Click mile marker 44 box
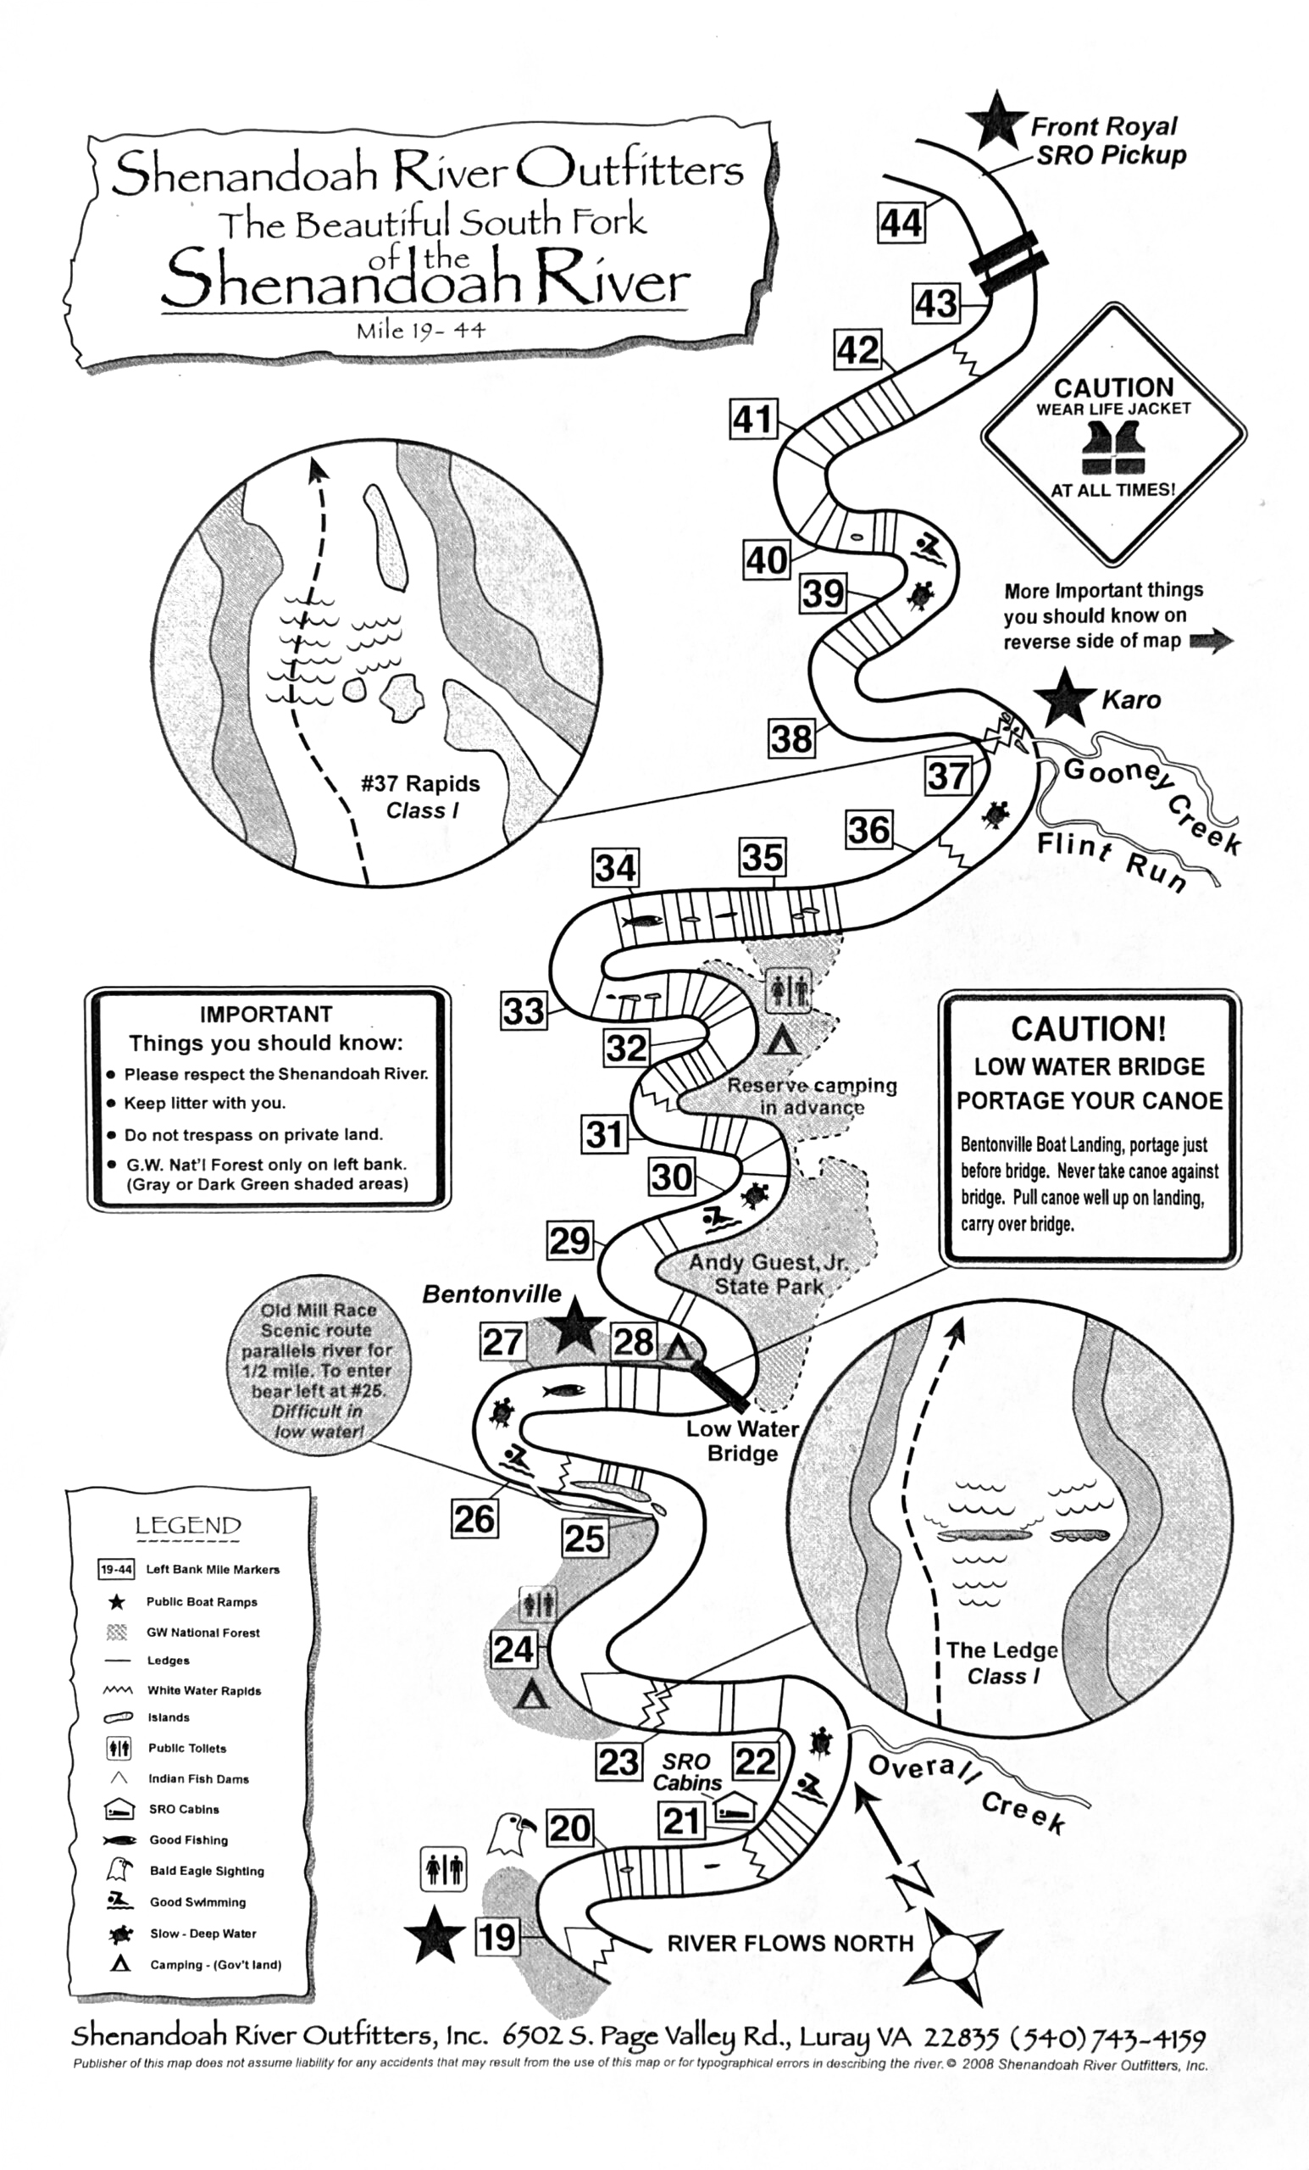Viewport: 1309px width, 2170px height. [901, 223]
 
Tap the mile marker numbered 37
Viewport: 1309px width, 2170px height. [948, 776]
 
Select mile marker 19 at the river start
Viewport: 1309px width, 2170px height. [497, 1937]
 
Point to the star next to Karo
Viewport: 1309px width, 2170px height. [1064, 698]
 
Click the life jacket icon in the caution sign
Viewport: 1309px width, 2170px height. [1112, 448]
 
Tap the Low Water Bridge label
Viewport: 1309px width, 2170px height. [742, 1441]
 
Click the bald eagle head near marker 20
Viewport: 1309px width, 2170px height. [511, 1833]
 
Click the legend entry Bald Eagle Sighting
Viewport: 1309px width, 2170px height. [206, 1870]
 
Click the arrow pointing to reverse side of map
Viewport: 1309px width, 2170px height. [1212, 641]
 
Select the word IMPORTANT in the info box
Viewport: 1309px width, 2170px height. [266, 1014]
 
